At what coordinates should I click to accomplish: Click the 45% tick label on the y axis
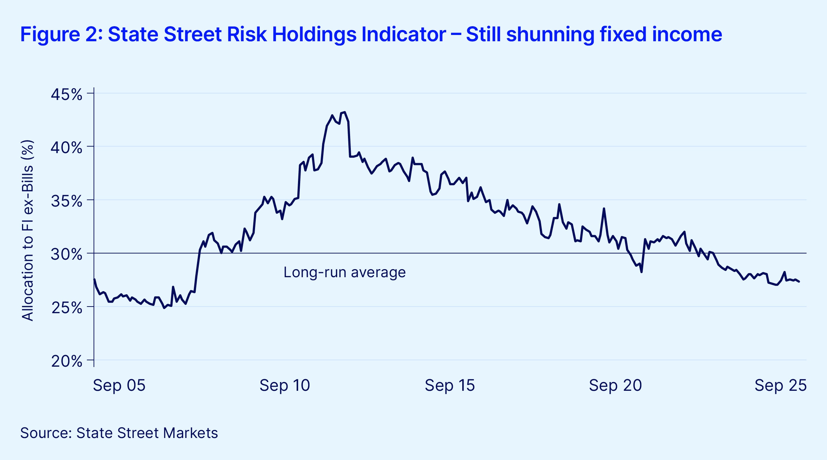coord(66,94)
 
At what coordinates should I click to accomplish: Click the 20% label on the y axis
coord(66,361)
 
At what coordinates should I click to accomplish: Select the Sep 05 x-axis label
coord(119,385)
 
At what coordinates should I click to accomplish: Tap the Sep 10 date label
coord(285,385)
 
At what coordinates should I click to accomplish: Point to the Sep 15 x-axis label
coord(450,385)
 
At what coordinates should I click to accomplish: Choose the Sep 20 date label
coord(615,385)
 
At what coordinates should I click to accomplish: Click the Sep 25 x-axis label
coord(781,385)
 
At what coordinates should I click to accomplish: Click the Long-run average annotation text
coord(344,272)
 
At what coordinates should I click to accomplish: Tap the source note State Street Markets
coord(119,433)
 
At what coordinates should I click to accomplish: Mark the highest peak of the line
coord(344,112)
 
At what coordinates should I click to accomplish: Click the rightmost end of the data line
coord(799,282)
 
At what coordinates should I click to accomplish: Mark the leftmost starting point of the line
coord(94,279)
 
